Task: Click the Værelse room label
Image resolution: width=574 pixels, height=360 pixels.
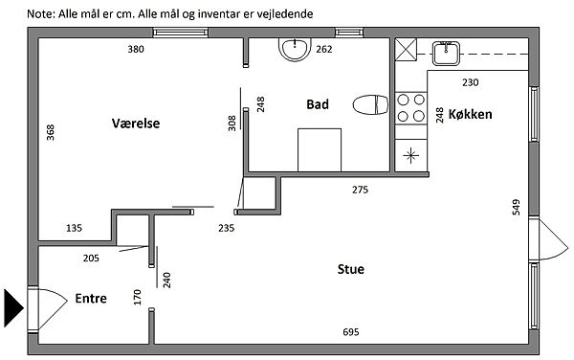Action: [136, 124]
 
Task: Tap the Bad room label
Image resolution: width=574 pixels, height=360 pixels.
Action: [318, 104]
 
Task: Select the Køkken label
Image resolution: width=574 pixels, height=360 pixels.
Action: [470, 114]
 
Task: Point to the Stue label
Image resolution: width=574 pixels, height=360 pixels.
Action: [351, 269]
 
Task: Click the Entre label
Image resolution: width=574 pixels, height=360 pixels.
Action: [91, 298]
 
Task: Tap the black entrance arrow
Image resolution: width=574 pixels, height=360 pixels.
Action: [14, 308]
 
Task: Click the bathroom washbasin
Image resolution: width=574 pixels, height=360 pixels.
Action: [295, 50]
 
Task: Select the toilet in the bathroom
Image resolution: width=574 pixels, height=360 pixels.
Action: [370, 104]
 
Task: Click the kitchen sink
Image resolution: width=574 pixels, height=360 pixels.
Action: [446, 54]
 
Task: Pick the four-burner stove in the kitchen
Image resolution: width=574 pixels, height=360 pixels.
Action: [411, 108]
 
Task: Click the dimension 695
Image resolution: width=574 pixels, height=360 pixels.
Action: [351, 332]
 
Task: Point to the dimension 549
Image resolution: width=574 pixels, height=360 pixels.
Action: [516, 207]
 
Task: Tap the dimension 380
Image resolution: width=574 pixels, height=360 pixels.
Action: [136, 49]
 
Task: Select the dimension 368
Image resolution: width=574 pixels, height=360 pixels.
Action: [51, 132]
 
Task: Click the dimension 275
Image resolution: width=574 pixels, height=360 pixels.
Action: [361, 190]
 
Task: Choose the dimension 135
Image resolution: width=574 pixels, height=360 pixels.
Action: [74, 228]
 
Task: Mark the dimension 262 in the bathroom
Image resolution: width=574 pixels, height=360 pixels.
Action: [324, 49]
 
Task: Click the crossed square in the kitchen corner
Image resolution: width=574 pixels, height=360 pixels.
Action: [406, 50]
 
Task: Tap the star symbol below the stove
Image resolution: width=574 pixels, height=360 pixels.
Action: [410, 156]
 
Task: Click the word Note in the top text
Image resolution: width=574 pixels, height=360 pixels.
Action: [40, 14]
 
